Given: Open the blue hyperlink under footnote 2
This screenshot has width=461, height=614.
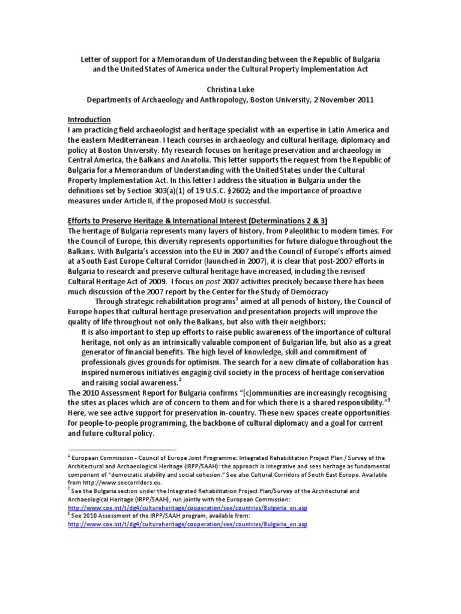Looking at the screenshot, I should point(188,507).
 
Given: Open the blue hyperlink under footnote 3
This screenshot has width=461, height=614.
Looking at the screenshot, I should point(188,524).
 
